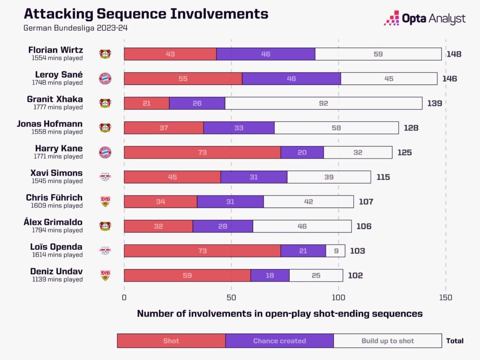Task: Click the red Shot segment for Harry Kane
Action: [x=202, y=152]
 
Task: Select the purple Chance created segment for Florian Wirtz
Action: [x=265, y=54]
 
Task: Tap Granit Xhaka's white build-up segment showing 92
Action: [x=323, y=103]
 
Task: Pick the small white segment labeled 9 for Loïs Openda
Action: [x=335, y=251]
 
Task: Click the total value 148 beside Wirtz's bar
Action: [x=454, y=54]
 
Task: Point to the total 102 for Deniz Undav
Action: [x=355, y=275]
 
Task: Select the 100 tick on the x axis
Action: [x=338, y=297]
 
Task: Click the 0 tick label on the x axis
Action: [x=124, y=297]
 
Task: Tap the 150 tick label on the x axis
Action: [x=446, y=297]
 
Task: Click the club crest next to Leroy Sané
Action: [x=105, y=78]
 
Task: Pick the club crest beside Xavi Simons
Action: [x=105, y=177]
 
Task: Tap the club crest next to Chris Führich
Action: [x=105, y=202]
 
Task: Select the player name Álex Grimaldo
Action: [x=53, y=222]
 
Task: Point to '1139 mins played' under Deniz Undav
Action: [x=58, y=279]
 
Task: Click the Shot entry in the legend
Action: [x=171, y=341]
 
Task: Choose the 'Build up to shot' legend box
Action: [x=388, y=341]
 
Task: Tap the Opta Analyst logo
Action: [x=425, y=18]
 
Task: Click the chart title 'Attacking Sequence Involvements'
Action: [x=146, y=13]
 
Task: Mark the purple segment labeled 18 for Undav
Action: [x=270, y=275]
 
